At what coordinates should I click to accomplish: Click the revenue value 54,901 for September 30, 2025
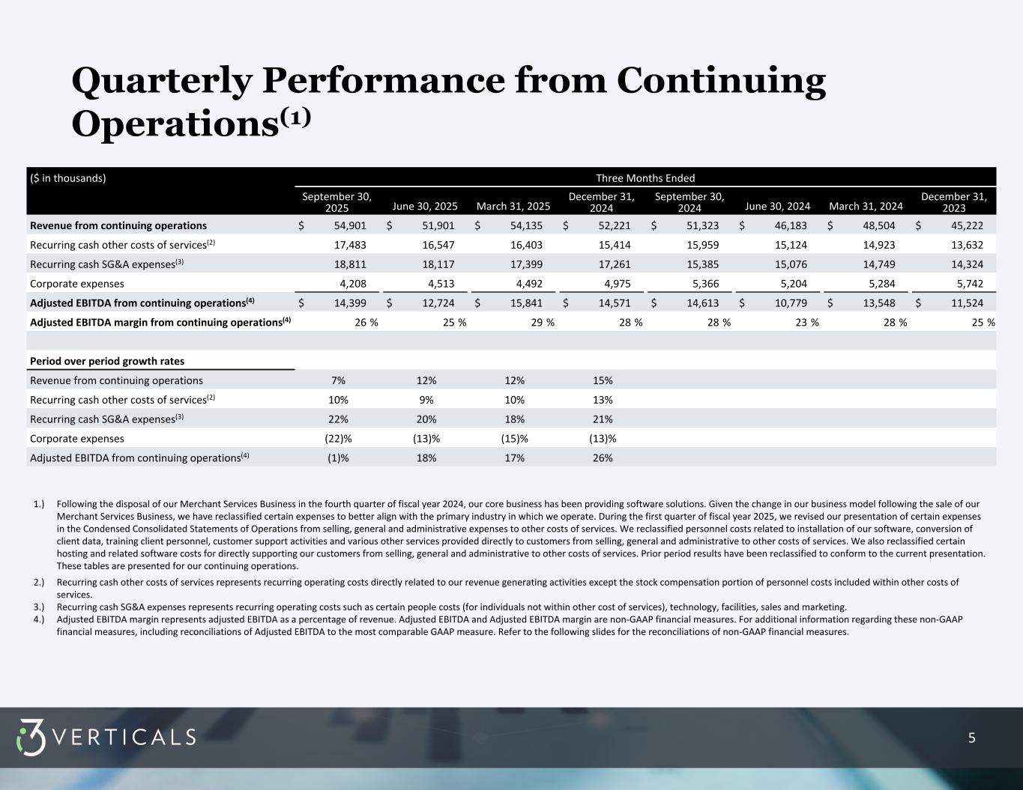(x=345, y=225)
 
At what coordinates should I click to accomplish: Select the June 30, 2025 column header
(x=425, y=206)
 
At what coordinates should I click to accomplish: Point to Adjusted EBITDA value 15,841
(x=522, y=303)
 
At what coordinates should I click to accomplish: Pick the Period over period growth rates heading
(x=107, y=361)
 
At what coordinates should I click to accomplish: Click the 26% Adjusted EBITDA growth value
(x=603, y=458)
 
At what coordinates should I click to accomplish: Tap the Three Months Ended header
(x=645, y=178)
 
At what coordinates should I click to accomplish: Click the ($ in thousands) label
(x=68, y=178)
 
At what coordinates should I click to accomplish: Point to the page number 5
(x=972, y=738)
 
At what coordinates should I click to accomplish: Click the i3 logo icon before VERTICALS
(x=31, y=738)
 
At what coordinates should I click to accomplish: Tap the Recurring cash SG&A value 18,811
(x=345, y=264)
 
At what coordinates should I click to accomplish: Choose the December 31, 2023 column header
(x=953, y=201)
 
